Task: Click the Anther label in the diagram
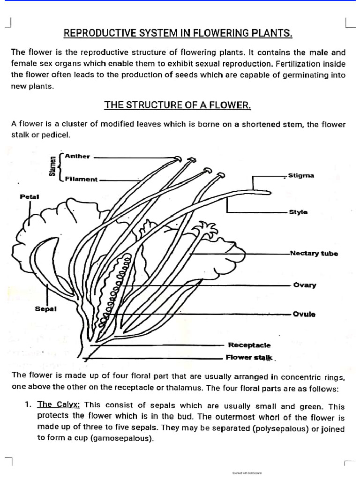(x=77, y=156)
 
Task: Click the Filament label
(x=81, y=179)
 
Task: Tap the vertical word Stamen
(x=52, y=167)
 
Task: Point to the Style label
(x=298, y=212)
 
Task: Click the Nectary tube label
(x=314, y=254)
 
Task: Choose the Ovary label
(x=304, y=285)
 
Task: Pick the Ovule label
(x=304, y=314)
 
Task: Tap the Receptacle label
(x=249, y=345)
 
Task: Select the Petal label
(x=29, y=196)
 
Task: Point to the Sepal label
(x=46, y=309)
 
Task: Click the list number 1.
(x=29, y=405)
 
